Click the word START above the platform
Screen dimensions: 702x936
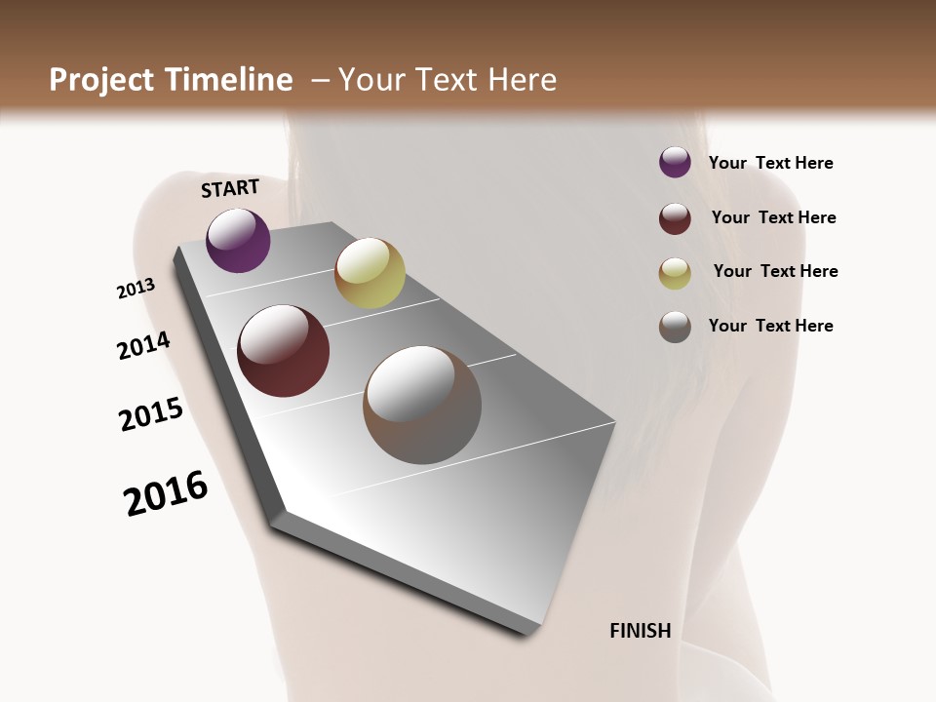click(230, 188)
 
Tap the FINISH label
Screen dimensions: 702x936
click(641, 631)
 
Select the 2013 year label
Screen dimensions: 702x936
click(136, 289)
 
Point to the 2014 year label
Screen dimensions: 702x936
click(144, 345)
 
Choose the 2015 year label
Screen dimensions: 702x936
click(151, 414)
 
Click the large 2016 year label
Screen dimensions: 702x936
click(166, 493)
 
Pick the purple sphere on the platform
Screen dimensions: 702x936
click(238, 240)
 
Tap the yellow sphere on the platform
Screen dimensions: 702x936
click(370, 273)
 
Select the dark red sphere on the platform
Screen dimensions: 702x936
click(284, 351)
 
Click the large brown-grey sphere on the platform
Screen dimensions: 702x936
click(422, 405)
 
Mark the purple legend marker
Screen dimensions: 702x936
click(675, 162)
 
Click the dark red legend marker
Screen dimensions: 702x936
click(675, 218)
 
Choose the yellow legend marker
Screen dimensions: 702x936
click(675, 273)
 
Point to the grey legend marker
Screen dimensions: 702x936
click(675, 327)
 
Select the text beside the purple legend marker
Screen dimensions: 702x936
click(770, 163)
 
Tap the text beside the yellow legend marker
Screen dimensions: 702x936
click(775, 271)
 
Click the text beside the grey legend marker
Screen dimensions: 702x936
click(770, 326)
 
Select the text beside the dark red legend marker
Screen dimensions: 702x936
click(773, 217)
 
